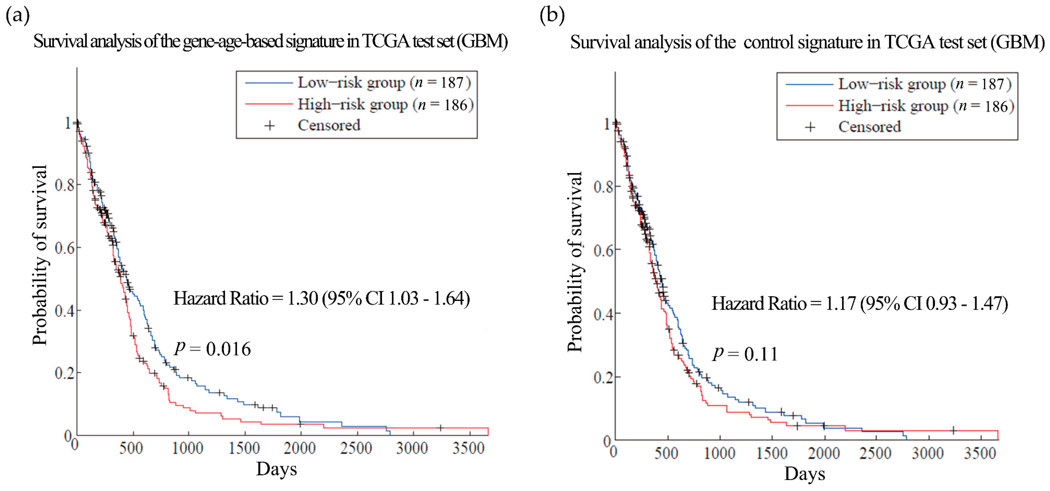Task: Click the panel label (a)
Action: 17,16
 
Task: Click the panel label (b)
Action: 552,16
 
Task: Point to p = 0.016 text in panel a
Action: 213,349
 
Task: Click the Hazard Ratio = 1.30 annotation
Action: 322,298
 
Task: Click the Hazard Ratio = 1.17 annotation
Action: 859,303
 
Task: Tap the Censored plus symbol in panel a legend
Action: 269,126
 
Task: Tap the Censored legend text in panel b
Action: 869,127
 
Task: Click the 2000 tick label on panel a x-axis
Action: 300,449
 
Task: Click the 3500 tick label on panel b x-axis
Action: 980,453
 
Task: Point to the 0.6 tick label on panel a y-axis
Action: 65,248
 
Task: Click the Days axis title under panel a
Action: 276,469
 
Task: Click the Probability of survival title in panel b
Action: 575,261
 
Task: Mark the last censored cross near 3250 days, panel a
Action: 440,428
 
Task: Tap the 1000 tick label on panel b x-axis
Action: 719,453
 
